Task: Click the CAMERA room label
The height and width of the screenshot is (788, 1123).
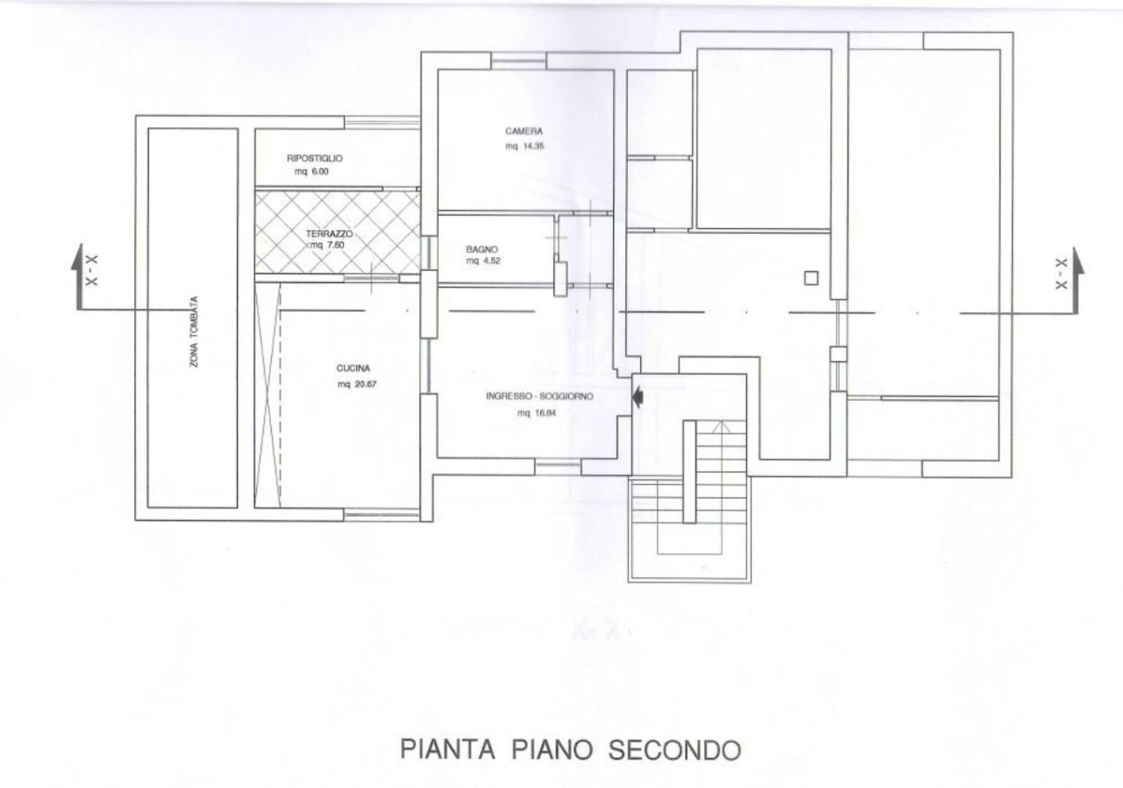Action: point(524,132)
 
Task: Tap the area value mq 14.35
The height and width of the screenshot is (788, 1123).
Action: point(524,147)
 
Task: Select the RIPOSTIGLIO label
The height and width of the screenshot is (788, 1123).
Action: point(315,158)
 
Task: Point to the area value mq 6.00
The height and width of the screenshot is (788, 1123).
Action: point(311,172)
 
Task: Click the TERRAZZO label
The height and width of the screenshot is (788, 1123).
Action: point(329,234)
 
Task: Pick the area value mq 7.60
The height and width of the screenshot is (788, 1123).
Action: point(328,246)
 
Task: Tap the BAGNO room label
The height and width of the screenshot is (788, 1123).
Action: point(482,249)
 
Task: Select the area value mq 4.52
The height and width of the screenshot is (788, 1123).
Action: point(483,261)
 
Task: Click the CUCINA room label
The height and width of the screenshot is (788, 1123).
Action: point(353,369)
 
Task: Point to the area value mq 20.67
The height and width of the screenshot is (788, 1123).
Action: point(357,385)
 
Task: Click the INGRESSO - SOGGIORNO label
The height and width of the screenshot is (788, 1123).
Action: point(540,396)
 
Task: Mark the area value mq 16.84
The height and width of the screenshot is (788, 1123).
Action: point(537,414)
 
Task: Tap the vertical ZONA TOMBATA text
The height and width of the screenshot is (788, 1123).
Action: point(194,332)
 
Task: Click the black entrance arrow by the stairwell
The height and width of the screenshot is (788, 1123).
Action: point(638,396)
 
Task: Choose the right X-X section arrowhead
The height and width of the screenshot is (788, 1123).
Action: point(1077,261)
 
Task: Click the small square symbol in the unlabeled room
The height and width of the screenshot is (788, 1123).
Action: point(811,277)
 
